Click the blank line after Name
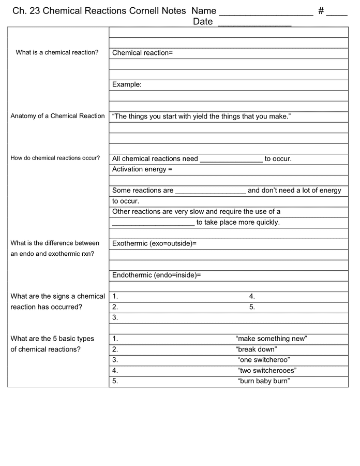pyautogui.click(x=266, y=12)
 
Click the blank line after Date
pyautogui.click(x=254, y=23)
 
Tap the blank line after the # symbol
pyautogui.click(x=337, y=12)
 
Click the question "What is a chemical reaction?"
pyautogui.click(x=57, y=53)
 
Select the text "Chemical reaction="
pyautogui.click(x=142, y=53)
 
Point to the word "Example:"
pyautogui.click(x=127, y=84)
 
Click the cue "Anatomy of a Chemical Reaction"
pyautogui.click(x=57, y=116)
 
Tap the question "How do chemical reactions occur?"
pyautogui.click(x=55, y=158)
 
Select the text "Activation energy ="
pyautogui.click(x=142, y=169)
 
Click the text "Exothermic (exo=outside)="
pyautogui.click(x=154, y=243)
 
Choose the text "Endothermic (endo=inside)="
pyautogui.click(x=156, y=275)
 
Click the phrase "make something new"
pyautogui.click(x=271, y=339)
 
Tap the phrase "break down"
pyautogui.click(x=256, y=349)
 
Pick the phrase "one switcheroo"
pyautogui.click(x=263, y=360)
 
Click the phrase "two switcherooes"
pyautogui.click(x=267, y=371)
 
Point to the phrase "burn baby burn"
pyautogui.click(x=263, y=381)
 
